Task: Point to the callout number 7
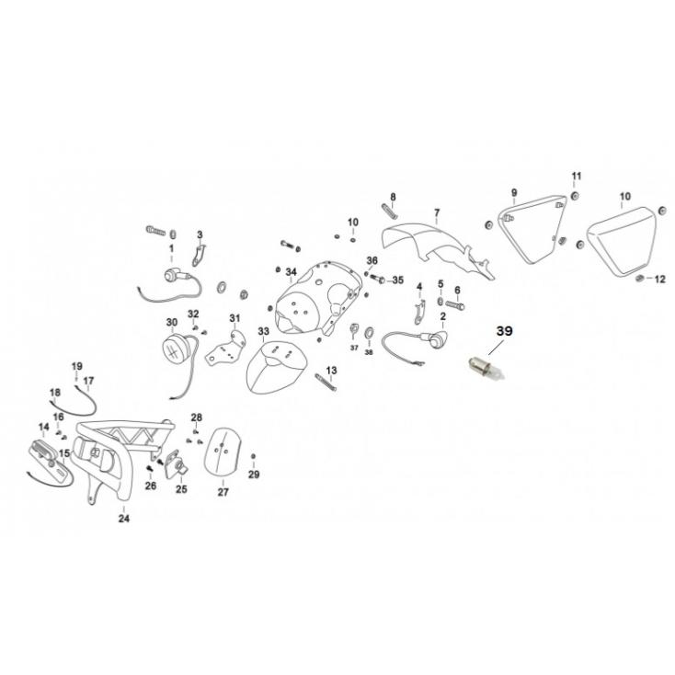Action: (437, 212)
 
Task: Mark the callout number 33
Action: (263, 331)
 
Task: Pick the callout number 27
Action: (223, 492)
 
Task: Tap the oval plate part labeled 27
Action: (222, 455)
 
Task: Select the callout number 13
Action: (330, 370)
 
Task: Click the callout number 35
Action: (397, 280)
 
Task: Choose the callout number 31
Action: (235, 319)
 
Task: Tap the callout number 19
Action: (76, 366)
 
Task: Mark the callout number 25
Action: (180, 489)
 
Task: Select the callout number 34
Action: (291, 272)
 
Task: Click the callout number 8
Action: (392, 198)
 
